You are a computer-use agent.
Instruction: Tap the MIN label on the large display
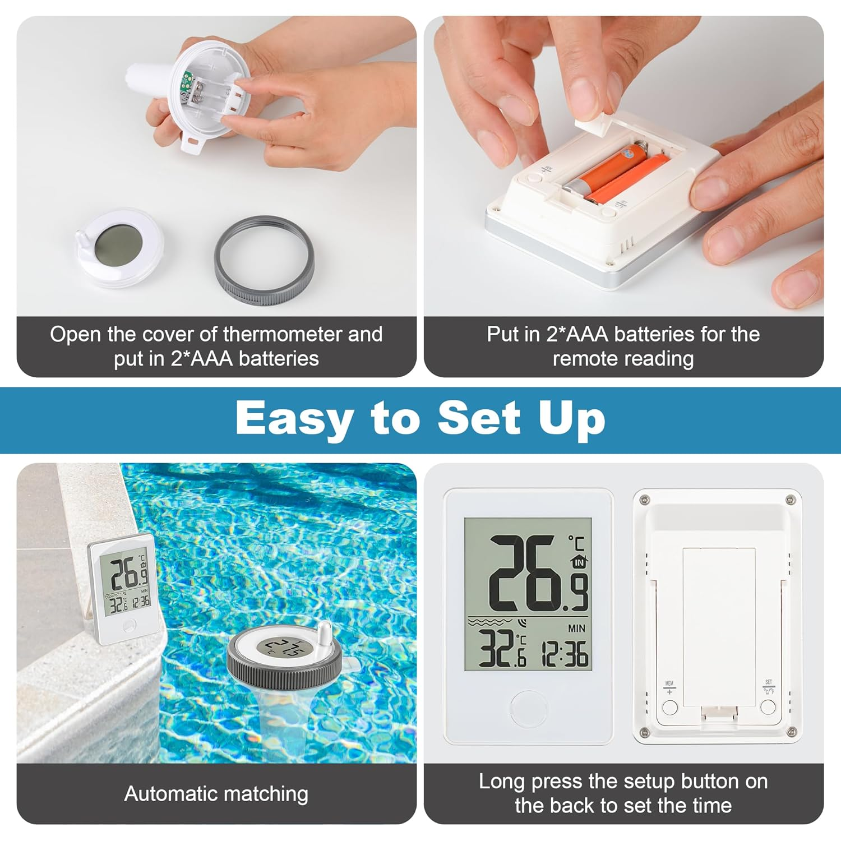tap(576, 629)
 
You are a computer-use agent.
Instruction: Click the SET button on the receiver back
tap(768, 706)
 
